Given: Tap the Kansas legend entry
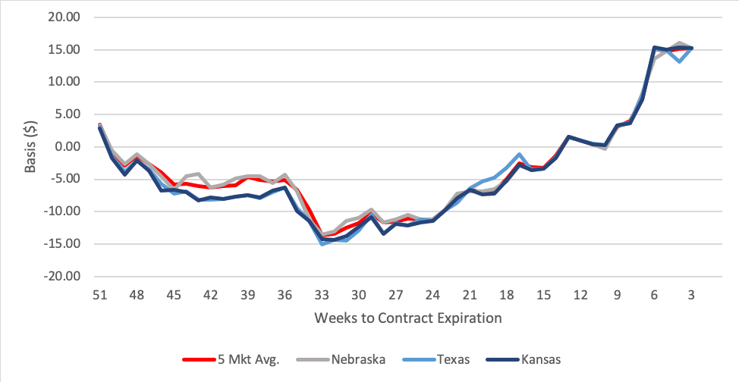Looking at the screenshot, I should pyautogui.click(x=539, y=359).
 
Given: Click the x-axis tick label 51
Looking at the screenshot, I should pyautogui.click(x=99, y=295).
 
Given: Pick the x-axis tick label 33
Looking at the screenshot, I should pyautogui.click(x=322, y=295).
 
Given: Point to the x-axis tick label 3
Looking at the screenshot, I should pyautogui.click(x=691, y=295).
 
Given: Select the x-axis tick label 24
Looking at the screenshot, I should pyautogui.click(x=432, y=295).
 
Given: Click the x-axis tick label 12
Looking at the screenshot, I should pyautogui.click(x=580, y=295).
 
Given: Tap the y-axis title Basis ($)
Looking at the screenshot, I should pyautogui.click(x=28, y=146).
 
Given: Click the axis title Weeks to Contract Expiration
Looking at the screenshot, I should pyautogui.click(x=407, y=318).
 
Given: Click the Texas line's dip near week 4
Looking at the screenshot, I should pyautogui.click(x=679, y=61).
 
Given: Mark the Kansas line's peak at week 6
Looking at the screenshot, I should pyautogui.click(x=655, y=48).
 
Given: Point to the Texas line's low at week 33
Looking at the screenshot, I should pyautogui.click(x=322, y=244).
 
